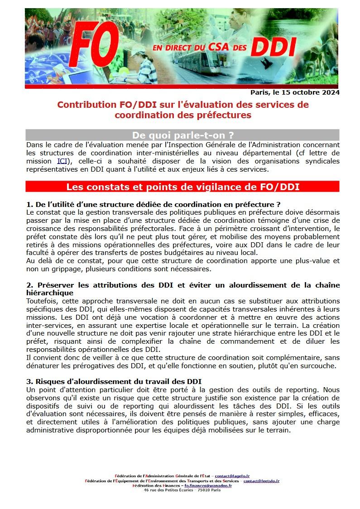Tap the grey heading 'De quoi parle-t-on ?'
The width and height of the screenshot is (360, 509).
pyautogui.click(x=182, y=135)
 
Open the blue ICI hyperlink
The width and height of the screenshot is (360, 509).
pyautogui.click(x=62, y=161)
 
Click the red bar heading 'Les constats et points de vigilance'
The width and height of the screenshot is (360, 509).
pyautogui.click(x=182, y=187)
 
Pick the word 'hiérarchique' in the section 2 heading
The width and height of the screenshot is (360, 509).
pyautogui.click(x=50, y=293)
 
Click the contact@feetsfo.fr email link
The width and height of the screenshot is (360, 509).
pyautogui.click(x=261, y=481)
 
